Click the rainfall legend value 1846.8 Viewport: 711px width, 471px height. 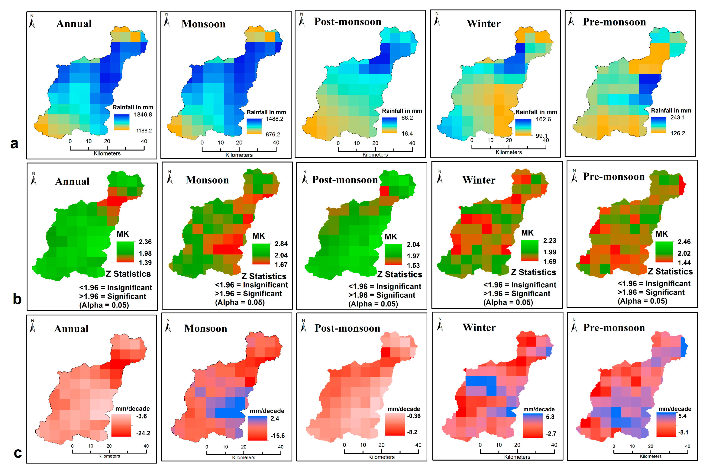143,114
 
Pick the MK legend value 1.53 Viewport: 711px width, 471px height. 413,265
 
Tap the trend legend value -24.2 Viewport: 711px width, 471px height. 143,433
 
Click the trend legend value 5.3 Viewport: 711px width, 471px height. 550,417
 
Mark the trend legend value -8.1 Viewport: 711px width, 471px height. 683,432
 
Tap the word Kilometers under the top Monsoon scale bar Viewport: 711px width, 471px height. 239,155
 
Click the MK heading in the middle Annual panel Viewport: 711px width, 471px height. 123,234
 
